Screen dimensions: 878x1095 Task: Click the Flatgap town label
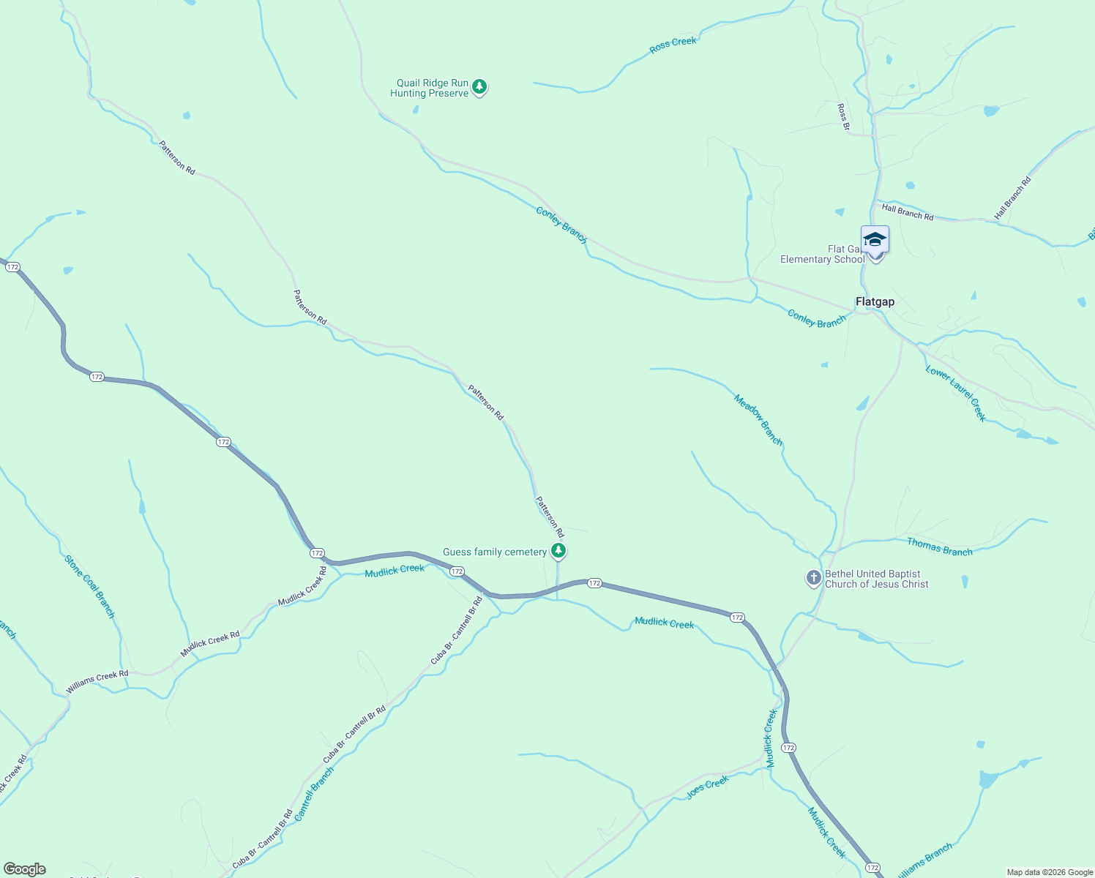[875, 301]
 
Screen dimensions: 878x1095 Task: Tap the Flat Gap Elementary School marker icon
[875, 241]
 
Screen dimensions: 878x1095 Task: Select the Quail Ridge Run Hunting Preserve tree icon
[479, 87]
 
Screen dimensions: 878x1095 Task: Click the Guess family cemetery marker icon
[558, 551]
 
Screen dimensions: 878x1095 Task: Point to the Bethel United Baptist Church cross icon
[813, 578]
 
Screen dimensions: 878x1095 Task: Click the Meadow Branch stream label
[758, 420]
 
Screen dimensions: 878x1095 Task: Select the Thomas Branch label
[940, 547]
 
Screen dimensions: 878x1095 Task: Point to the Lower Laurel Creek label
[956, 393]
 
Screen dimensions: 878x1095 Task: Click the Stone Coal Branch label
[90, 587]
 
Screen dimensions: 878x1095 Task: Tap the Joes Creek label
[708, 787]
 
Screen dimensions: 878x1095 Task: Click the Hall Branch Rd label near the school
[908, 212]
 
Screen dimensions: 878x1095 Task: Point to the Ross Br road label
[843, 117]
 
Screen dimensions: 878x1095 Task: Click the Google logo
[25, 869]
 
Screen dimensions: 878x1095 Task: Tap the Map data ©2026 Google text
[1050, 872]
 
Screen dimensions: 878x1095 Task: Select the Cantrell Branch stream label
[314, 794]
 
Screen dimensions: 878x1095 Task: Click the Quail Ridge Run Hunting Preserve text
[430, 89]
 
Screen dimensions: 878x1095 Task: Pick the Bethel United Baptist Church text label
[876, 579]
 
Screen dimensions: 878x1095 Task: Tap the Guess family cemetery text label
[495, 552]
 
